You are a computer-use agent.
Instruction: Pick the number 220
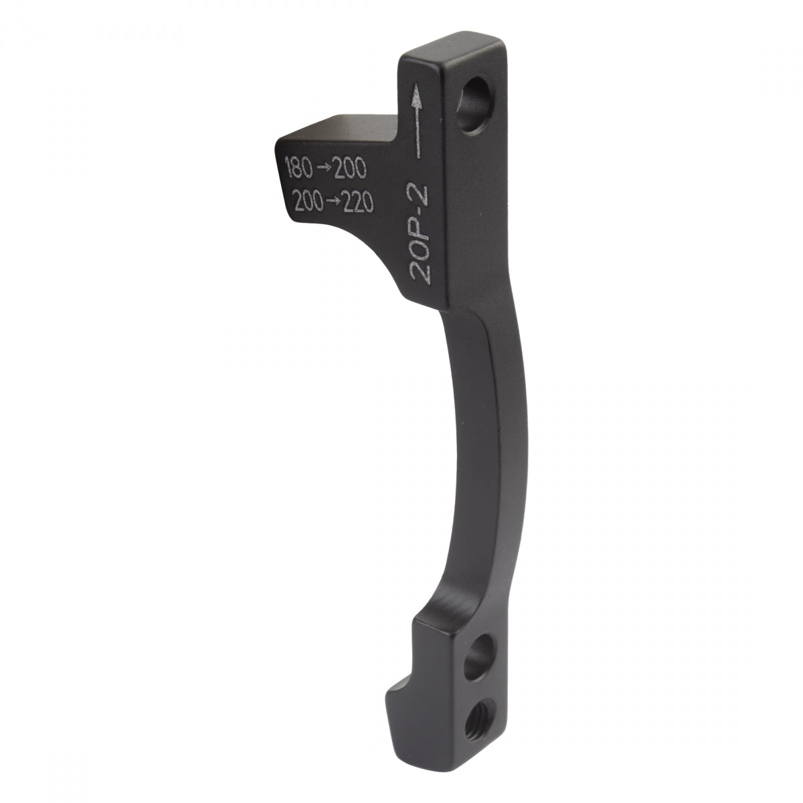pyautogui.click(x=355, y=202)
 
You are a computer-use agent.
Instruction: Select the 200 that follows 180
pyautogui.click(x=351, y=170)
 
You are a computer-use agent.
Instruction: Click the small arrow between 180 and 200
pyautogui.click(x=325, y=169)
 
